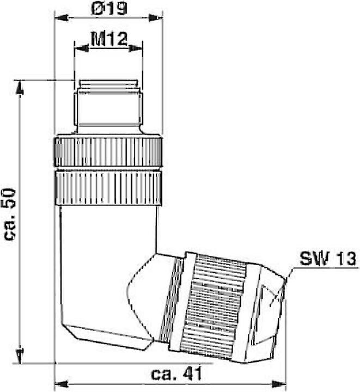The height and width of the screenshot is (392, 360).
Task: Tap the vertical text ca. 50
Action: (x=11, y=215)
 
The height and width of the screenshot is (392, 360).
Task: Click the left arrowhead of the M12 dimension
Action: (x=81, y=48)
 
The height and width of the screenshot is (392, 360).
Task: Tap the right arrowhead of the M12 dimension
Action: (x=136, y=48)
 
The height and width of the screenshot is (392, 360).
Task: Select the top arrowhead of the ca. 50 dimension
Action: (x=20, y=87)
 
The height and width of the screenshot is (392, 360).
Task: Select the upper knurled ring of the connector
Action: (x=108, y=152)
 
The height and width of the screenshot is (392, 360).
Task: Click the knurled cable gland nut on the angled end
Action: (x=215, y=305)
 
